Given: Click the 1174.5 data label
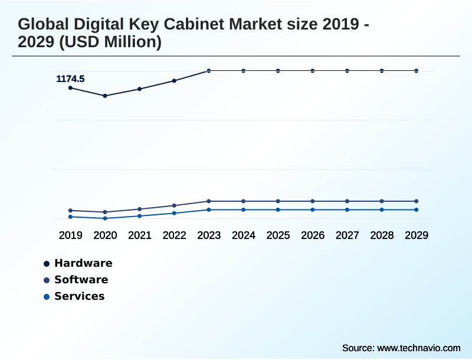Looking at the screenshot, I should (70, 78).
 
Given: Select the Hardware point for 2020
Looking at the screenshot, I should (105, 96).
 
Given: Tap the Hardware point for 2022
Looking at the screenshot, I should (174, 81).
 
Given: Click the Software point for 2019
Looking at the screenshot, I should (70, 210).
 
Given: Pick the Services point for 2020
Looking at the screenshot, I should (105, 218).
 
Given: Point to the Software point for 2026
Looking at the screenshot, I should (313, 201).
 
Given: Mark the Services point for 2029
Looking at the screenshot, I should (416, 210).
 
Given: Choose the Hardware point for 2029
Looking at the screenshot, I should (416, 71).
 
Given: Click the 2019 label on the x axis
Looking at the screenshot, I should (70, 235).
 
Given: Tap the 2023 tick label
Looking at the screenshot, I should (209, 235).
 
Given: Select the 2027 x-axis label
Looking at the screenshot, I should (347, 235).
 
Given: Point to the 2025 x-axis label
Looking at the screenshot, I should (278, 235).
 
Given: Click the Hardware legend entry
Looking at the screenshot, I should (83, 263).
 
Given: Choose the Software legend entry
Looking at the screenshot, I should (81, 280).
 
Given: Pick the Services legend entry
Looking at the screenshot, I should (79, 296).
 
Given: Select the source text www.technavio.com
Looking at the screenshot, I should (418, 348).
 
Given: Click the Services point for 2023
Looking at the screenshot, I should (209, 210).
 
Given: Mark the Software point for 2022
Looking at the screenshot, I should (174, 205).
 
